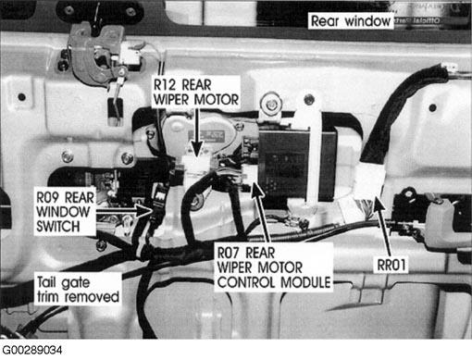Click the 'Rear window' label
pos(351,21)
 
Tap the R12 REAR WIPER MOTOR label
pos(196,92)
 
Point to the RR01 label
pos(391,265)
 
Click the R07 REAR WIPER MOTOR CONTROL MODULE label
pos(274,267)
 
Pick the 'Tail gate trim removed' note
pos(78,290)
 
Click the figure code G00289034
pos(32,350)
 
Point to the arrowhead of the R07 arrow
pos(257,190)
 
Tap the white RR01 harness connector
pos(369,181)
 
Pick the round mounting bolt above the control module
pos(271,104)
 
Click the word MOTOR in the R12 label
pos(217,99)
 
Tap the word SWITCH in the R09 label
pos(58,227)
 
